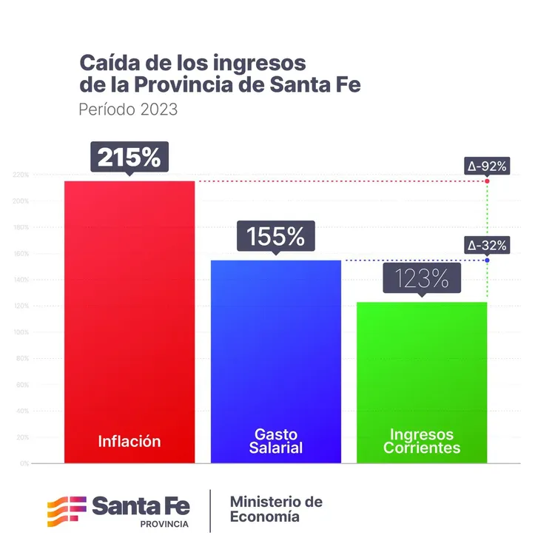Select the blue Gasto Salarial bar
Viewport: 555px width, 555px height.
275,348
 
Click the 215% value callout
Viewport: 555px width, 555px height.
129,157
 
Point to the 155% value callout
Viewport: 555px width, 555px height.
275,237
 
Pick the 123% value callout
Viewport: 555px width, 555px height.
421,279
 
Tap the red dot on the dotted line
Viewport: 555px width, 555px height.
488,181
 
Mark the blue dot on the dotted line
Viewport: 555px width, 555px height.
488,260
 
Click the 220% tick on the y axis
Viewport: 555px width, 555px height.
21,175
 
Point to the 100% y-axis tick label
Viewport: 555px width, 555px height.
21,332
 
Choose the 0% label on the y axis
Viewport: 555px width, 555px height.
24,463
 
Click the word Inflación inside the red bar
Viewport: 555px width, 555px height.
129,441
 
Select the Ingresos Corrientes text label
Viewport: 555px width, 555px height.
422,441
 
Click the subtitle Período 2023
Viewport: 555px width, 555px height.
128,110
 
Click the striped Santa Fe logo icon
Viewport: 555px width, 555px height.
66,511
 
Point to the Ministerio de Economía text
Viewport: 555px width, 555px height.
275,509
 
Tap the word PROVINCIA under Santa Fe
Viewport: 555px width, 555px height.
164,524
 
